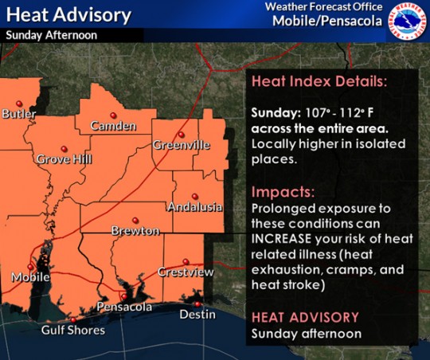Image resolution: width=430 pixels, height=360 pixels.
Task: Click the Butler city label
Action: (19, 114)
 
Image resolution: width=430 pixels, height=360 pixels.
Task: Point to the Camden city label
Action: (108, 126)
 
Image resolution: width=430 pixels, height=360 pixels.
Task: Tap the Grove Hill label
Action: (64, 159)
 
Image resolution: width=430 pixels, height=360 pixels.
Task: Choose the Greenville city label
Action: (182, 146)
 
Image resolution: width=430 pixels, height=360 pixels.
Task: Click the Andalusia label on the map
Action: (193, 207)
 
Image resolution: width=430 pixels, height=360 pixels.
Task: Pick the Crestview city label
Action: (186, 272)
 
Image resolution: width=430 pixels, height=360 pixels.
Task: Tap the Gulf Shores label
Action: (73, 331)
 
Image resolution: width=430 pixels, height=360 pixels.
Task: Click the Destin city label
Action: (197, 315)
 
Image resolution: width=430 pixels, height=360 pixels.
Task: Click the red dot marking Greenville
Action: (182, 134)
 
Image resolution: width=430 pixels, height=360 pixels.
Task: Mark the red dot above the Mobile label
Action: (33, 265)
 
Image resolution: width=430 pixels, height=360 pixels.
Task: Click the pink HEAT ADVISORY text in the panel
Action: (305, 317)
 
